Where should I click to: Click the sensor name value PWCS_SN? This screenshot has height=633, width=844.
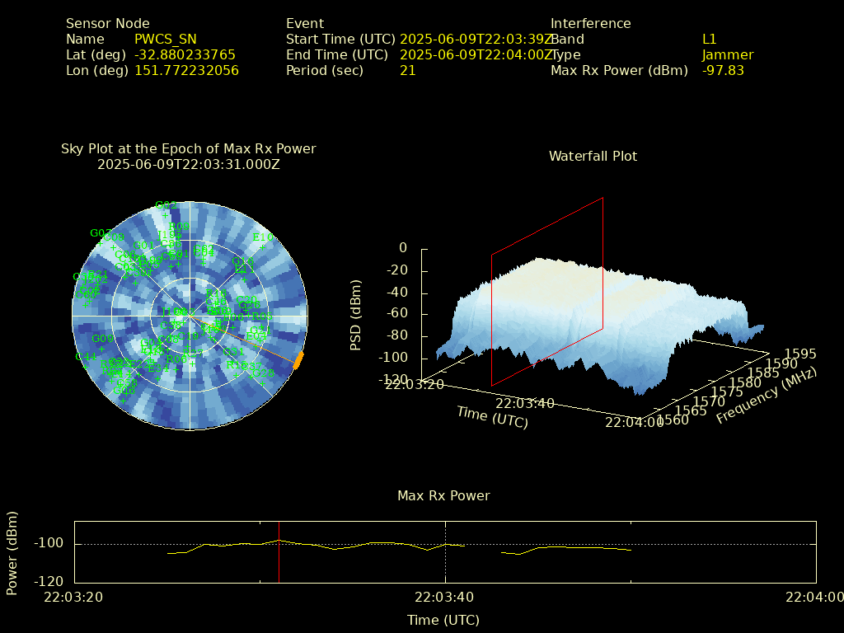(165, 39)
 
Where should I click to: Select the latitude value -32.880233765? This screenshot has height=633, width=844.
(185, 54)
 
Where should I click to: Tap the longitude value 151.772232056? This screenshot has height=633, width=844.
(186, 70)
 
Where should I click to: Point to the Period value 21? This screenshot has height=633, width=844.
(407, 70)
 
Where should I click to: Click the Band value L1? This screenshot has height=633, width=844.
(709, 39)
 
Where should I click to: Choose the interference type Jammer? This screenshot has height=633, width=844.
(727, 54)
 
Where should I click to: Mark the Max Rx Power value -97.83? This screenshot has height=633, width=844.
(723, 70)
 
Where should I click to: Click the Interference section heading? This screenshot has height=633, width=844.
(590, 23)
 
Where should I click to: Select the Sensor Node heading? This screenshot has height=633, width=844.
(107, 23)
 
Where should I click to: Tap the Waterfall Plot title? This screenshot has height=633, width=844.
(593, 156)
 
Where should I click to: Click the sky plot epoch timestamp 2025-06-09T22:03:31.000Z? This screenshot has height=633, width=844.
(188, 164)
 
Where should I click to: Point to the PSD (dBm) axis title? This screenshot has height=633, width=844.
(356, 315)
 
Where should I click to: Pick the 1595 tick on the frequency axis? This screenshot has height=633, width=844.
(801, 354)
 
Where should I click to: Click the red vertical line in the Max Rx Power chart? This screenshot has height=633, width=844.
(279, 551)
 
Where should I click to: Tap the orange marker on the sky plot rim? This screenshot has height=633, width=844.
(298, 360)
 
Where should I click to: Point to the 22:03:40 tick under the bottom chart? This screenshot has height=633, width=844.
(445, 597)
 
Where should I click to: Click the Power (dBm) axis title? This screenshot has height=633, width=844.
(12, 551)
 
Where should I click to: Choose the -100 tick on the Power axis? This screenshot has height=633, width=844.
(49, 544)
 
